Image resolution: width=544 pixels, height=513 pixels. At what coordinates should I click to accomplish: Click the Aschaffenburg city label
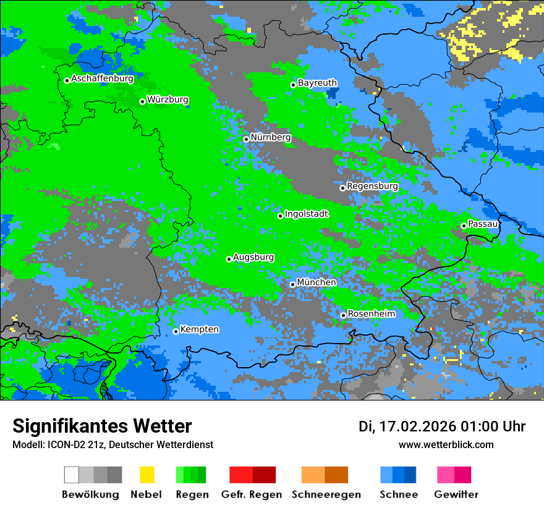(102, 79)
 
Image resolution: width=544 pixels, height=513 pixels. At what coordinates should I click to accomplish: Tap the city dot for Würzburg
(142, 101)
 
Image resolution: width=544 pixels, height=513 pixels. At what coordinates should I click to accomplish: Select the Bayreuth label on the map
(317, 83)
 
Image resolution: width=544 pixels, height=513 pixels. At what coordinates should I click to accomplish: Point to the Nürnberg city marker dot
(246, 139)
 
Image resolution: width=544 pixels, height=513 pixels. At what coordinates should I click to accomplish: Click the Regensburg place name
(372, 186)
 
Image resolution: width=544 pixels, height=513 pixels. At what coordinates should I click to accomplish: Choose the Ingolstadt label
(306, 214)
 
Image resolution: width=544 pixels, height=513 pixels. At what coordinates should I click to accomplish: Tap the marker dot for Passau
(464, 226)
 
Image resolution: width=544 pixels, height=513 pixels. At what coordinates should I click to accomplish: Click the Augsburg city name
(253, 257)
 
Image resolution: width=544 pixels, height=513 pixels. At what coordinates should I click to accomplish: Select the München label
(317, 282)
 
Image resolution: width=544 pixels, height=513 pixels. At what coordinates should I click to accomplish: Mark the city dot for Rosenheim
(343, 315)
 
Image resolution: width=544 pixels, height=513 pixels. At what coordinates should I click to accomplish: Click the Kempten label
(199, 329)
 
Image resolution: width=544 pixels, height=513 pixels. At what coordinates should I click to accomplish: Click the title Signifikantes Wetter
(102, 426)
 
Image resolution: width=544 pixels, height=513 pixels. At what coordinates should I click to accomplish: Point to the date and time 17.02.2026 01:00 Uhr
(442, 426)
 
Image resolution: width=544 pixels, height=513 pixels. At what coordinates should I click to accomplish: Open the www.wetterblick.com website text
(446, 444)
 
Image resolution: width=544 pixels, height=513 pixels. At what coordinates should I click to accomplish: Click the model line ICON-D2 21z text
(113, 444)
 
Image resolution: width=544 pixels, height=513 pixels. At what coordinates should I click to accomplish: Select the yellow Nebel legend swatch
(147, 475)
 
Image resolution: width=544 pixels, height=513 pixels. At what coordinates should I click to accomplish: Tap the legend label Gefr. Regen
(252, 494)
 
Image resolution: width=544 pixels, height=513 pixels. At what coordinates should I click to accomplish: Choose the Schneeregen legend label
(326, 494)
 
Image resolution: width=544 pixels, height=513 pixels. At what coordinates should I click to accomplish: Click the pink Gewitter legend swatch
(446, 475)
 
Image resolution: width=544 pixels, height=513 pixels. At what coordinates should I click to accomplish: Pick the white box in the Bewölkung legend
(72, 475)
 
